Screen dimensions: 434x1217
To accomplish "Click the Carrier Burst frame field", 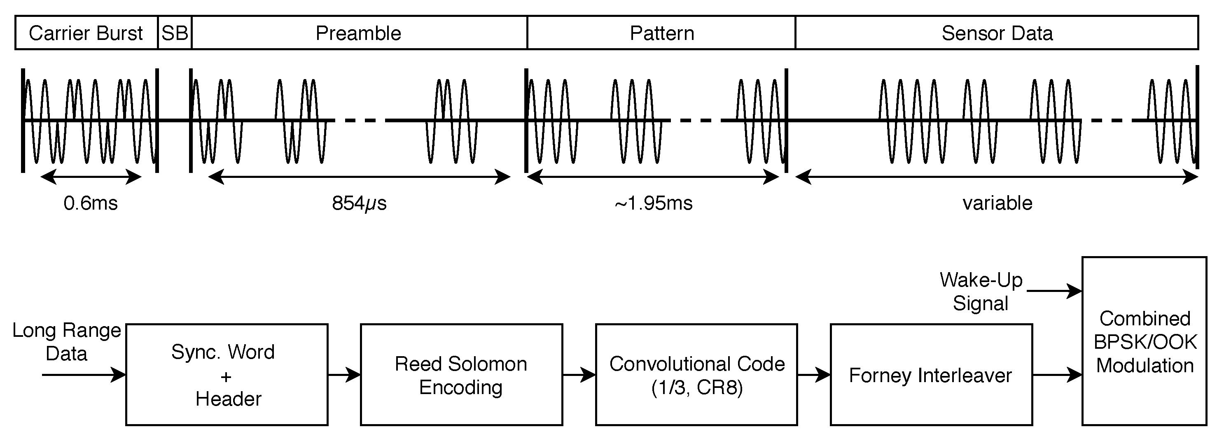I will (86, 33).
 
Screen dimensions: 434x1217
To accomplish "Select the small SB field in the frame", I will (175, 33).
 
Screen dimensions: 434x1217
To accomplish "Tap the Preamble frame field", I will (358, 33).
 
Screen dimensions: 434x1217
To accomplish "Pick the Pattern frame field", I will (661, 33).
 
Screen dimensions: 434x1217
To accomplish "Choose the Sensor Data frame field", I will (997, 33).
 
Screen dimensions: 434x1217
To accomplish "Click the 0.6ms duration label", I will (90, 203).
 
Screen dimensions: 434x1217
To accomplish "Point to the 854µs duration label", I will (359, 203).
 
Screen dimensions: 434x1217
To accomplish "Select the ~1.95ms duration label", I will (653, 203).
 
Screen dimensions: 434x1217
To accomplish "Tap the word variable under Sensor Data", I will (997, 203).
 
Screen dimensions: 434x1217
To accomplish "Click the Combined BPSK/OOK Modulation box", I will (1144, 341).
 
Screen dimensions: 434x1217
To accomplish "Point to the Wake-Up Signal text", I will (981, 292).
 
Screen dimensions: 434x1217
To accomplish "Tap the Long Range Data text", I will (66, 341).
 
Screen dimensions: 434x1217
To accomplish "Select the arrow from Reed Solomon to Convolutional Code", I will (579, 375).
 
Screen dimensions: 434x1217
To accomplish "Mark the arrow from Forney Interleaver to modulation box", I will (1057, 375).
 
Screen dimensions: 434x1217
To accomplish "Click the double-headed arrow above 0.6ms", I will (91, 177).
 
